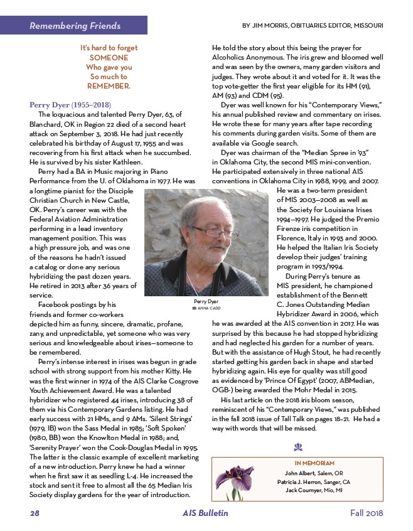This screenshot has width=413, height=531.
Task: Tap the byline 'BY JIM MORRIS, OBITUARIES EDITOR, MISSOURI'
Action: [x=313, y=26]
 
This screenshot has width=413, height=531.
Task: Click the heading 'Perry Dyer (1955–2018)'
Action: [x=70, y=104]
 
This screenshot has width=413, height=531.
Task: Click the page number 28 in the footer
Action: [x=35, y=513]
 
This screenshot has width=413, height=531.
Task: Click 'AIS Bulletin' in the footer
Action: [x=206, y=513]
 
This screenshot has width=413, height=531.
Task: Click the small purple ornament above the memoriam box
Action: [x=298, y=448]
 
